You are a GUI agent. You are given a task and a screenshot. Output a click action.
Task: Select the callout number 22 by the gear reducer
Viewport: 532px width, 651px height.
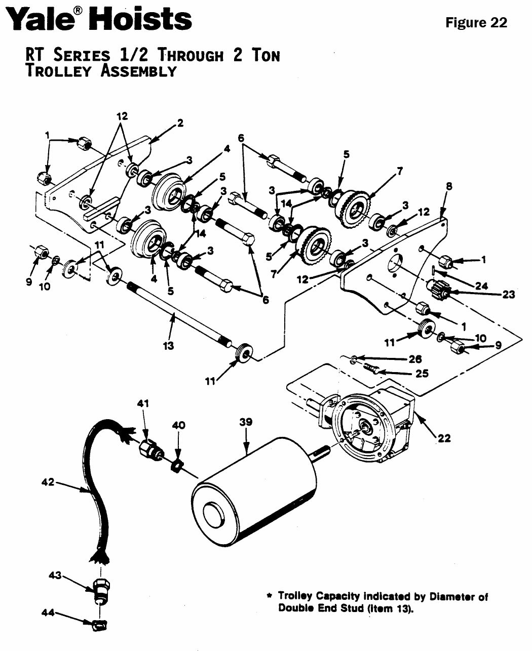[444, 438]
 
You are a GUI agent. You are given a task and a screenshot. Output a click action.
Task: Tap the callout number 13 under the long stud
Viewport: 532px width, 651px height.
[168, 346]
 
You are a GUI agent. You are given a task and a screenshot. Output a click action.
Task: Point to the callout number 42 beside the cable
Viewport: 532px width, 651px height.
[49, 482]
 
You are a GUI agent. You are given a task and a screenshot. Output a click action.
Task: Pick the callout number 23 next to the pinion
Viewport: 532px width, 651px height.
[508, 294]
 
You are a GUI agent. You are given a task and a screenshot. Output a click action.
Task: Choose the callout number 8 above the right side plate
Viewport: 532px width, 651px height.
[449, 186]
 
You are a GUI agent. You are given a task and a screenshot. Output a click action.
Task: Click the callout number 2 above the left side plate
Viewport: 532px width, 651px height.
[180, 123]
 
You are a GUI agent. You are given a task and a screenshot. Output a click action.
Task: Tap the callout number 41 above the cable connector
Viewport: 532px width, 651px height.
[144, 403]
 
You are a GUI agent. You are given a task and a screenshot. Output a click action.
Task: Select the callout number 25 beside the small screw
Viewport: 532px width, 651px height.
[422, 374]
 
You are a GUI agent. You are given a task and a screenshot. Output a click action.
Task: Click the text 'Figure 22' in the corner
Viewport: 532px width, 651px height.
[476, 23]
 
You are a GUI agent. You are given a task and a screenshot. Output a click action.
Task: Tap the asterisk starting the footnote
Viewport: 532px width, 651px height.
[269, 597]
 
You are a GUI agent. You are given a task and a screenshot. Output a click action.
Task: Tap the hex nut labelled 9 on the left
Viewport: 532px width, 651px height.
[40, 252]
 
